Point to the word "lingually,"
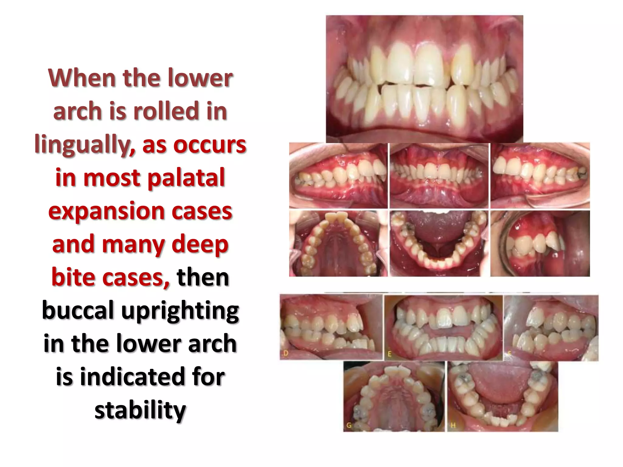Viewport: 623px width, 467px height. point(85,145)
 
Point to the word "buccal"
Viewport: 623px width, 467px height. point(78,311)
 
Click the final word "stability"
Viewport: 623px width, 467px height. point(140,410)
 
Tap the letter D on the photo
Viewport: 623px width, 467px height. point(286,353)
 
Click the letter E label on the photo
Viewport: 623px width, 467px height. point(390,354)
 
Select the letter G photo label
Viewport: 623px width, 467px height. point(349,425)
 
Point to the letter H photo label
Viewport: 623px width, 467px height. point(453,425)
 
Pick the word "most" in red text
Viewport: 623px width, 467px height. point(112,178)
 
